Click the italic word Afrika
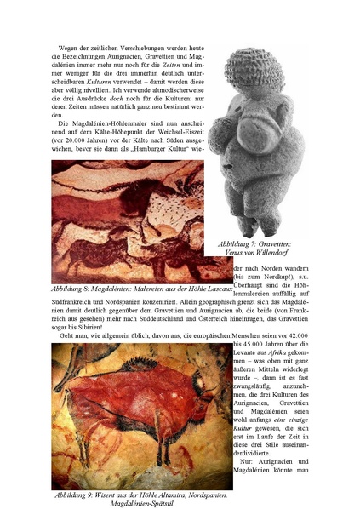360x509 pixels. coord(286,356)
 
